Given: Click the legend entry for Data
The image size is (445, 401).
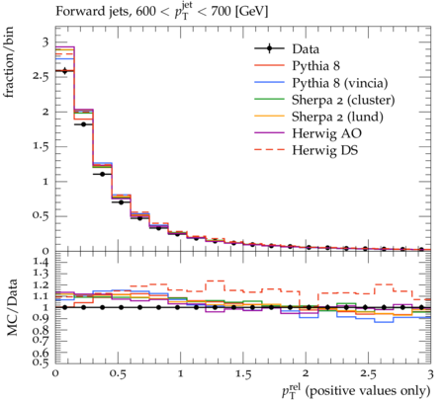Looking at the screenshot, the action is [306, 49].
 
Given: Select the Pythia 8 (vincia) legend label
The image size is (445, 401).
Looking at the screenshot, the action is [340, 83].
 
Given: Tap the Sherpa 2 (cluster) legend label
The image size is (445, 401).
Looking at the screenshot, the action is [343, 100].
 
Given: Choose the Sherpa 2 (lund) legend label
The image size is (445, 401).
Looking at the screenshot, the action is [337, 117].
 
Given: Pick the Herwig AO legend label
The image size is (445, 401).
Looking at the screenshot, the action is [326, 133].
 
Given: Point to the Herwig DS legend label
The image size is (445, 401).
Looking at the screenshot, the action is [325, 150].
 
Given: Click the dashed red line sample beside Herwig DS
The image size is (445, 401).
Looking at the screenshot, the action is [269, 150].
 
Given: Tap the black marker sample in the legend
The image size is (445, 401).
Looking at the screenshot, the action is [269, 48].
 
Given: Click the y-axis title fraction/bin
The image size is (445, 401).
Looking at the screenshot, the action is [9, 62].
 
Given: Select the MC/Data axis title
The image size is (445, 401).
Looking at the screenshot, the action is [12, 307].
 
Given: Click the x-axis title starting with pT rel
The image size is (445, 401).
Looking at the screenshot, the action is [356, 390].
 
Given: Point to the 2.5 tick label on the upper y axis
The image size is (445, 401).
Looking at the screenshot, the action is [41, 76].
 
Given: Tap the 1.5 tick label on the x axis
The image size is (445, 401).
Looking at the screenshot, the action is [243, 374].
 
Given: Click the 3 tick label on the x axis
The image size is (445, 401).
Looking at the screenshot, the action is [430, 374].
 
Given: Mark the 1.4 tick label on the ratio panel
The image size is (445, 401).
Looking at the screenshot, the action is [41, 263].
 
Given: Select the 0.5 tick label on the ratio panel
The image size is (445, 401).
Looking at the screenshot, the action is [41, 362].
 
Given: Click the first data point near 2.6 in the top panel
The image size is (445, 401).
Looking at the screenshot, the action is [64, 71].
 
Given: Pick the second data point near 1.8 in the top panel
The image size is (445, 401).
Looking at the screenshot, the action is [83, 124].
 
